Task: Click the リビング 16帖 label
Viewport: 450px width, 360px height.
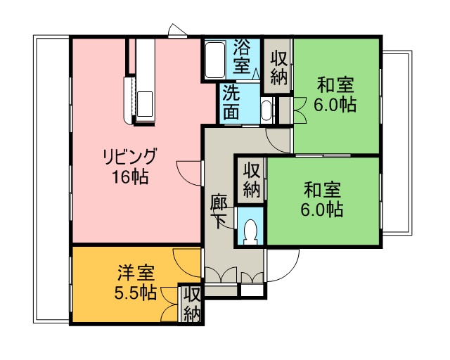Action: coord(130,166)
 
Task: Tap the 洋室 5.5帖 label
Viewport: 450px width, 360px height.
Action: coord(136,283)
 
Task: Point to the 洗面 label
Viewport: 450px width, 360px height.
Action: coord(231,102)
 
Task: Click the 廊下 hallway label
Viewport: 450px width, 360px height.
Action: coord(219,212)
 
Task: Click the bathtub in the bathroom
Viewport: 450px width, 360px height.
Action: coord(215,60)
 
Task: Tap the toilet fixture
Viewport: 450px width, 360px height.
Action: coord(250,231)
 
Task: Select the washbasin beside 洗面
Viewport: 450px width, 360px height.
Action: coord(267,110)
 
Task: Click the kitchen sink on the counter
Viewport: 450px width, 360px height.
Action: coord(145,104)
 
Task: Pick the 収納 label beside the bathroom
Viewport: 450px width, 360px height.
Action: coord(278,67)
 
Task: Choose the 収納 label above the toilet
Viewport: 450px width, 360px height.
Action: coord(252,180)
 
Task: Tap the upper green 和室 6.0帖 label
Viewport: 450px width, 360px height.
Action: coord(335,94)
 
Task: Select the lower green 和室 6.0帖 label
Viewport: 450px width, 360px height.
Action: coord(322,199)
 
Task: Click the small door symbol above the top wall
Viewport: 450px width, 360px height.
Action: coord(177,30)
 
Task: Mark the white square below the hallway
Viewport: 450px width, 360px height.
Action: coord(252,290)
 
